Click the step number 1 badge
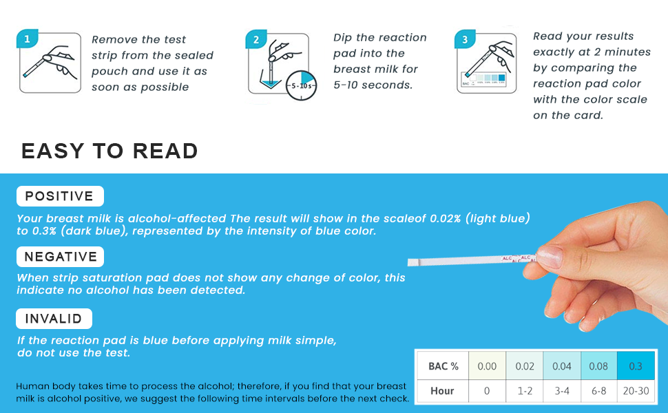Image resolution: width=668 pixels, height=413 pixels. (27, 40)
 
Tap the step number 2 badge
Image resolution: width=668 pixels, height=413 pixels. (256, 40)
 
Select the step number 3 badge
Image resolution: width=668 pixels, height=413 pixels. (465, 40)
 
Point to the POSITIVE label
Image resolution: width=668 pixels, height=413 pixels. (59, 196)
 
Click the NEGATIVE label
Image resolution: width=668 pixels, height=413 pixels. (61, 257)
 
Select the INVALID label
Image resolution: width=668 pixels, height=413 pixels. (54, 319)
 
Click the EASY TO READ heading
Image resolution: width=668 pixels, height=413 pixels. (109, 151)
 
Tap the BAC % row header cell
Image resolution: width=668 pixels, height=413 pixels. (443, 366)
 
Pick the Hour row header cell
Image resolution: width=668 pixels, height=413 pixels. (443, 390)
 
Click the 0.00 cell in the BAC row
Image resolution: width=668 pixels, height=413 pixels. (487, 366)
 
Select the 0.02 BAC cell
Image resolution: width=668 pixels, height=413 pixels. (525, 366)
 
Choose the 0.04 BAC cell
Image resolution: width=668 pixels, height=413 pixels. (562, 366)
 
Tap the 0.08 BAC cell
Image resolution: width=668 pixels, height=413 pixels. (598, 366)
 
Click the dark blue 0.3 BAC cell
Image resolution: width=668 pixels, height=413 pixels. (636, 366)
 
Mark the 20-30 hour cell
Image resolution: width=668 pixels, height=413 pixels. (636, 390)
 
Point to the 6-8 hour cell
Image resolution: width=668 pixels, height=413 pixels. (598, 390)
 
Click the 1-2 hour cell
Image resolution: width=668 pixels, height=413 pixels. (525, 390)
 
